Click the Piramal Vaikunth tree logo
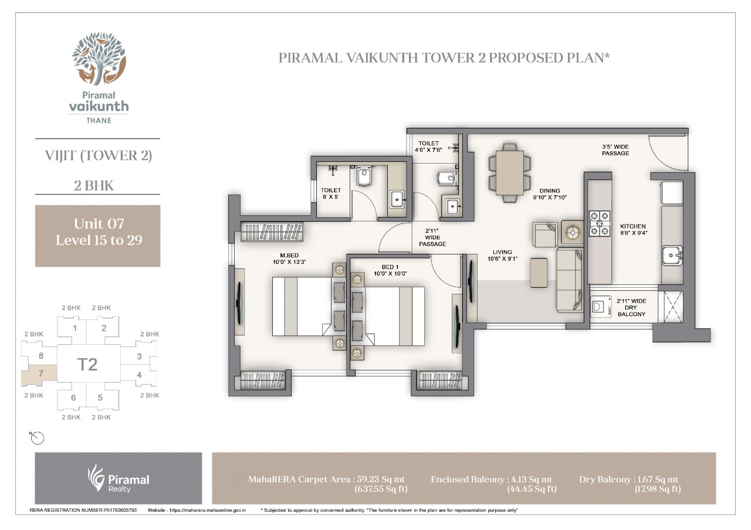pos(99,58)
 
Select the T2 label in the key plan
pos(87,365)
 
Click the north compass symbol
pos(37,438)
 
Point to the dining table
pos(509,172)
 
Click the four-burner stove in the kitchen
pos(600,223)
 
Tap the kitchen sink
pos(672,256)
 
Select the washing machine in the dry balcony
pos(599,307)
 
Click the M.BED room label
pos(289,255)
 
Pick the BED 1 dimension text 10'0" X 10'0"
pos(390,274)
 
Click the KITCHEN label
pos(632,226)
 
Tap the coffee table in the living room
pos(539,273)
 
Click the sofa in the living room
pos(570,280)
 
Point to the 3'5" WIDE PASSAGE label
pos(615,150)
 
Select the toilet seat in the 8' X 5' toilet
pos(364,176)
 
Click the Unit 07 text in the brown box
pos(99,224)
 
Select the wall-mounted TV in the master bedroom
pos(239,304)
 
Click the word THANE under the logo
pos(99,121)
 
